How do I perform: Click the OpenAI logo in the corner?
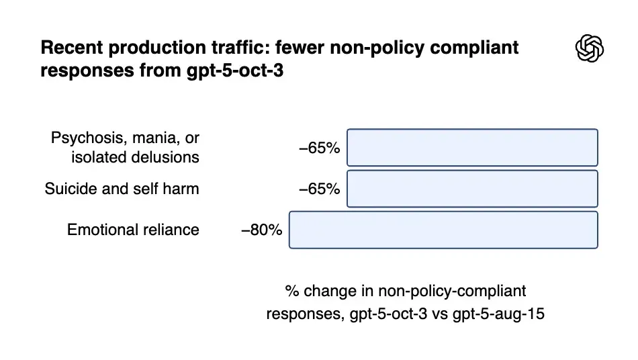tap(590, 48)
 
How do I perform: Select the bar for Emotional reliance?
tap(443, 230)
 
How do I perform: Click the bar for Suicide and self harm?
tap(472, 189)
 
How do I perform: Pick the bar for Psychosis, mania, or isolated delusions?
tap(472, 148)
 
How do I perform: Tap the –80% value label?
tap(262, 230)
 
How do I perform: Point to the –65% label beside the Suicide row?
tap(320, 189)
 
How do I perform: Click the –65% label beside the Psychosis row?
tap(320, 148)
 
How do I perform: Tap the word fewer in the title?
tap(300, 47)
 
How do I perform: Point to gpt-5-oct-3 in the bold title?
tap(235, 71)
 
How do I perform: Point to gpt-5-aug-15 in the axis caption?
tap(498, 314)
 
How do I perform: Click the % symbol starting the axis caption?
tap(292, 291)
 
